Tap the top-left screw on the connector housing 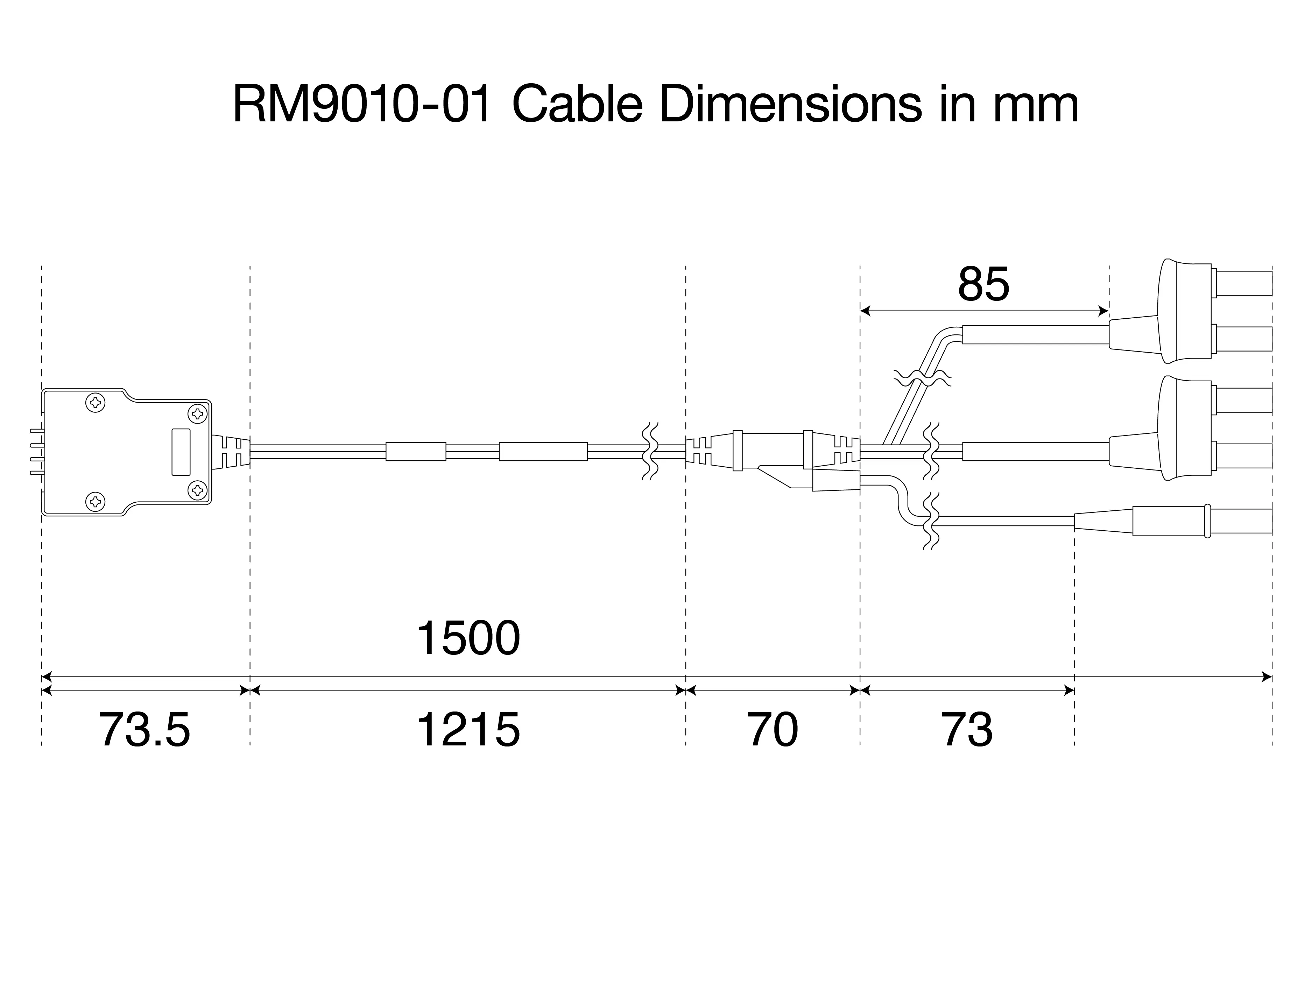tap(96, 403)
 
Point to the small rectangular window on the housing tap(181, 452)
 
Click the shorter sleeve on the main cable tap(416, 451)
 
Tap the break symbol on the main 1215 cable tap(651, 451)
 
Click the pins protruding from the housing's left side tap(36, 451)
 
